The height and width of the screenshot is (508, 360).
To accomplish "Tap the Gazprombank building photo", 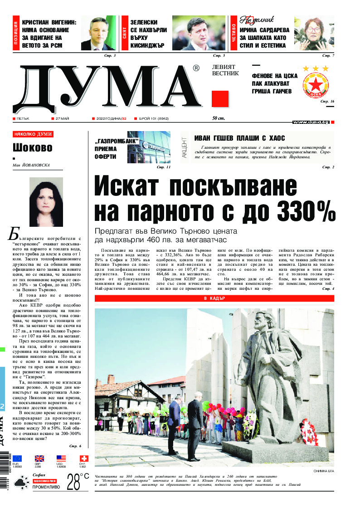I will (149, 147).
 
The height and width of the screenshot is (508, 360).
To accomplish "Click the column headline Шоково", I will (32, 148).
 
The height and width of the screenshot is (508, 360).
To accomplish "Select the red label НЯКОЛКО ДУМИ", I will (33, 134).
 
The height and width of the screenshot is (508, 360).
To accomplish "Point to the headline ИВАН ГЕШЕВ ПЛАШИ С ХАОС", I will (239, 138).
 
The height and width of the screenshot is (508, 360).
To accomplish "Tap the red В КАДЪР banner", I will (214, 298).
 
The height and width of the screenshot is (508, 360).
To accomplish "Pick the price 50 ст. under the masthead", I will (219, 119).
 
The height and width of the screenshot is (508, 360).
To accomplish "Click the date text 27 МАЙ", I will (61, 119).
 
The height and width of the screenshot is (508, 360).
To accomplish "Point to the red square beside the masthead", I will (220, 99).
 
